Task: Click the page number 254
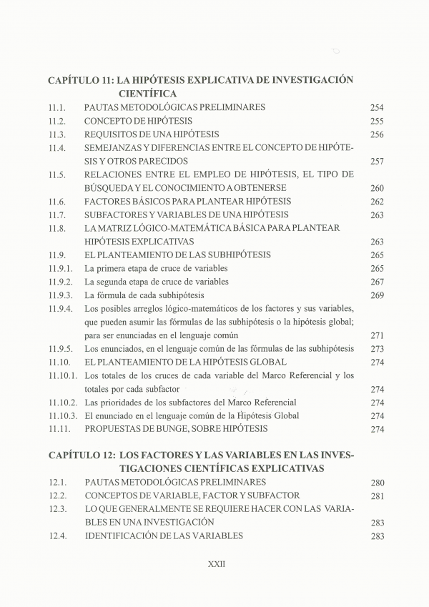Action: [x=378, y=107]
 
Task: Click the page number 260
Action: [x=378, y=188]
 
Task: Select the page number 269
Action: [x=378, y=295]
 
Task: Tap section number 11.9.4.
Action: [x=61, y=309]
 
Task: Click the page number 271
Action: [x=378, y=335]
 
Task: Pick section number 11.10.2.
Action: [x=63, y=403]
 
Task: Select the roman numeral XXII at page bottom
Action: [x=216, y=563]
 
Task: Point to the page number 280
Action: [x=378, y=483]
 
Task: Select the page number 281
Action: [x=378, y=496]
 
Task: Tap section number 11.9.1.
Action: [x=61, y=268]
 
